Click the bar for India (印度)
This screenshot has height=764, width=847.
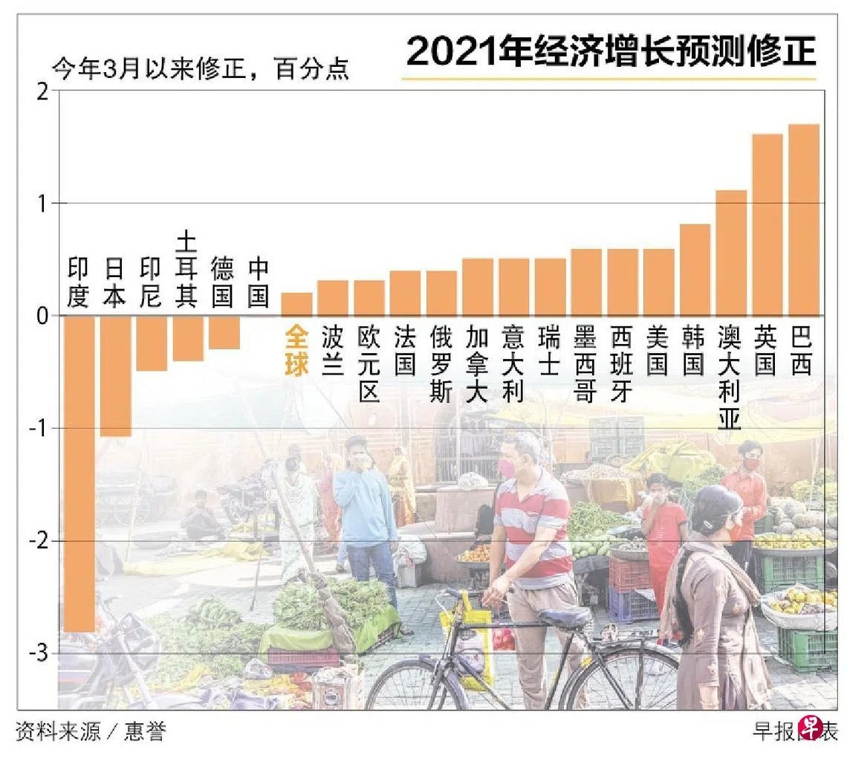(x=78, y=473)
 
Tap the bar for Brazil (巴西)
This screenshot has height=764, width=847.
(x=803, y=220)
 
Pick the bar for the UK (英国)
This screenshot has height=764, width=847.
(x=767, y=224)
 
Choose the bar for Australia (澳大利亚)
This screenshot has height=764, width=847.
(x=730, y=253)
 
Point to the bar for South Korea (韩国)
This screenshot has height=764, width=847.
(x=694, y=270)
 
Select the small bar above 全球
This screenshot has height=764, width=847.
(x=296, y=304)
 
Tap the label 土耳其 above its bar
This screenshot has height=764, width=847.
(x=186, y=269)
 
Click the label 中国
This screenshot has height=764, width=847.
(x=258, y=282)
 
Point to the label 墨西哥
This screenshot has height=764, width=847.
(x=585, y=364)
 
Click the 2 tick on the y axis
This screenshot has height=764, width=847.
(x=42, y=91)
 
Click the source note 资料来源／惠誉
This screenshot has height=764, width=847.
(x=90, y=732)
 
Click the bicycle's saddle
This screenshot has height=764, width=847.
(x=564, y=615)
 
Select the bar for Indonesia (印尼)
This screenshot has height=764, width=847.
(x=151, y=343)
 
